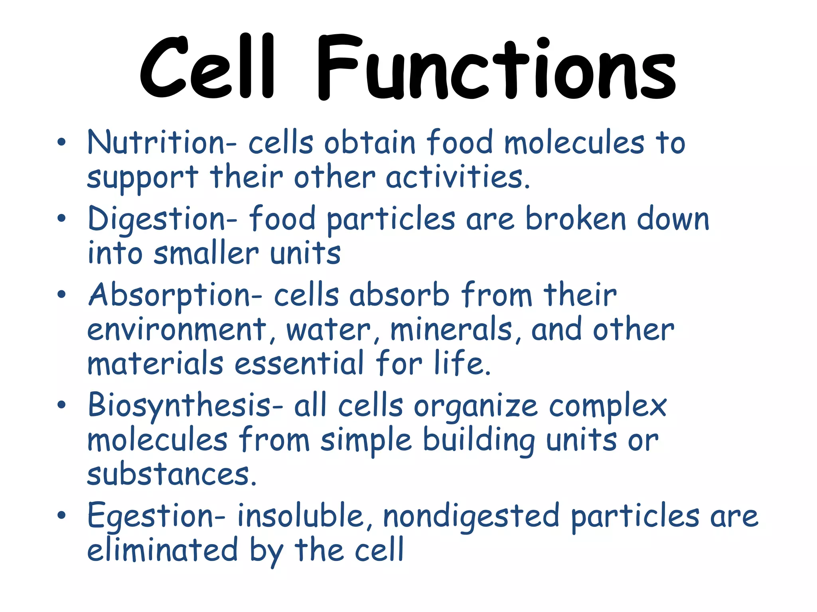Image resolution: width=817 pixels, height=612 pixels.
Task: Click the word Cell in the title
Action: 207,68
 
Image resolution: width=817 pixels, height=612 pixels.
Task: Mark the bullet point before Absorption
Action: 61,294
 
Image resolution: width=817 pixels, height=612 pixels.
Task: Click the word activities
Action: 458,177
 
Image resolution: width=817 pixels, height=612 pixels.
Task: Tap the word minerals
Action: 451,330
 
